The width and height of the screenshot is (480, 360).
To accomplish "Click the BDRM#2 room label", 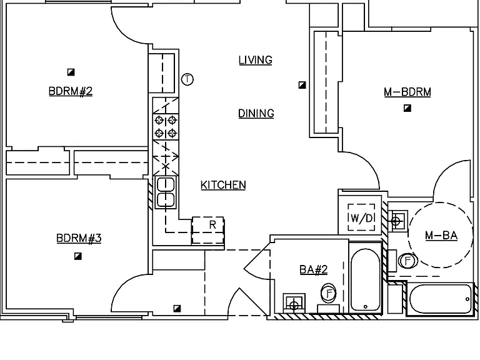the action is coord(71,91).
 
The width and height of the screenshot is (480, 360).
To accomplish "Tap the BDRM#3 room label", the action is coord(79,238).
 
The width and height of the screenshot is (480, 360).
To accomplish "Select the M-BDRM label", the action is coord(407,92).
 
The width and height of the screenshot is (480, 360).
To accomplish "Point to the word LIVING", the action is coord(256,60).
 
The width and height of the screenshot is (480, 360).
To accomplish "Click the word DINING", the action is coord(256,114).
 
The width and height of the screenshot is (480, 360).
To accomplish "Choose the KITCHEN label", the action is coord(223,185).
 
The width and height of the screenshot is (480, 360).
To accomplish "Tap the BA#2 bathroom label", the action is coord(314,270).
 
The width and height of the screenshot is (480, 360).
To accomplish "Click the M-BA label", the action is coord(441,236).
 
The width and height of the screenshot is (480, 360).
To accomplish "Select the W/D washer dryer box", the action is coord(361,217).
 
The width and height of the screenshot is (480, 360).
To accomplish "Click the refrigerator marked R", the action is coord(208,230).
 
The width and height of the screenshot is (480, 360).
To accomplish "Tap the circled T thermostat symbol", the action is coord(187,79).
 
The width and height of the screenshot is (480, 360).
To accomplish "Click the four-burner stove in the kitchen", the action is coord(166,127).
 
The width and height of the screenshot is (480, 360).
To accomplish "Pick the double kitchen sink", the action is coord(166,192).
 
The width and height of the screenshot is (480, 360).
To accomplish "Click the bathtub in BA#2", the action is coord(366,279).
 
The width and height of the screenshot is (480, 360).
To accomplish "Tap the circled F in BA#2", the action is coord(329,293).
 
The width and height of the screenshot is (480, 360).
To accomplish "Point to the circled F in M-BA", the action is coord(407,261).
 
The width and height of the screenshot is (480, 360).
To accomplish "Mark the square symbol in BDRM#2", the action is coord(71,72).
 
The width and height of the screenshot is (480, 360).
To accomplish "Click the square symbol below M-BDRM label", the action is coord(407,108).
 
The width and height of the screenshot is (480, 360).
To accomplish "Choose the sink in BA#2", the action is coord(294,303).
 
